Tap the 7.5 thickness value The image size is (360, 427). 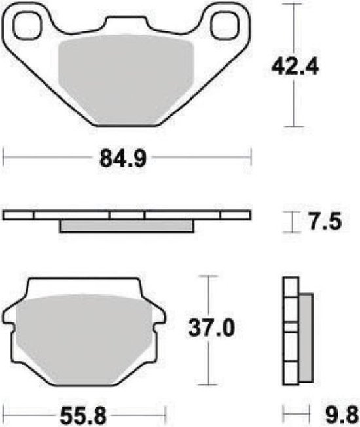pyautogui.click(x=325, y=223)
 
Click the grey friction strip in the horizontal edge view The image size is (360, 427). pyautogui.click(x=127, y=226)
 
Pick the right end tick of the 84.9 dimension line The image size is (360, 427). pyautogui.click(x=251, y=157)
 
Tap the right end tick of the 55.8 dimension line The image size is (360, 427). pyautogui.click(x=167, y=413)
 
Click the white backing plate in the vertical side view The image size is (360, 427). pyautogui.click(x=290, y=333)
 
